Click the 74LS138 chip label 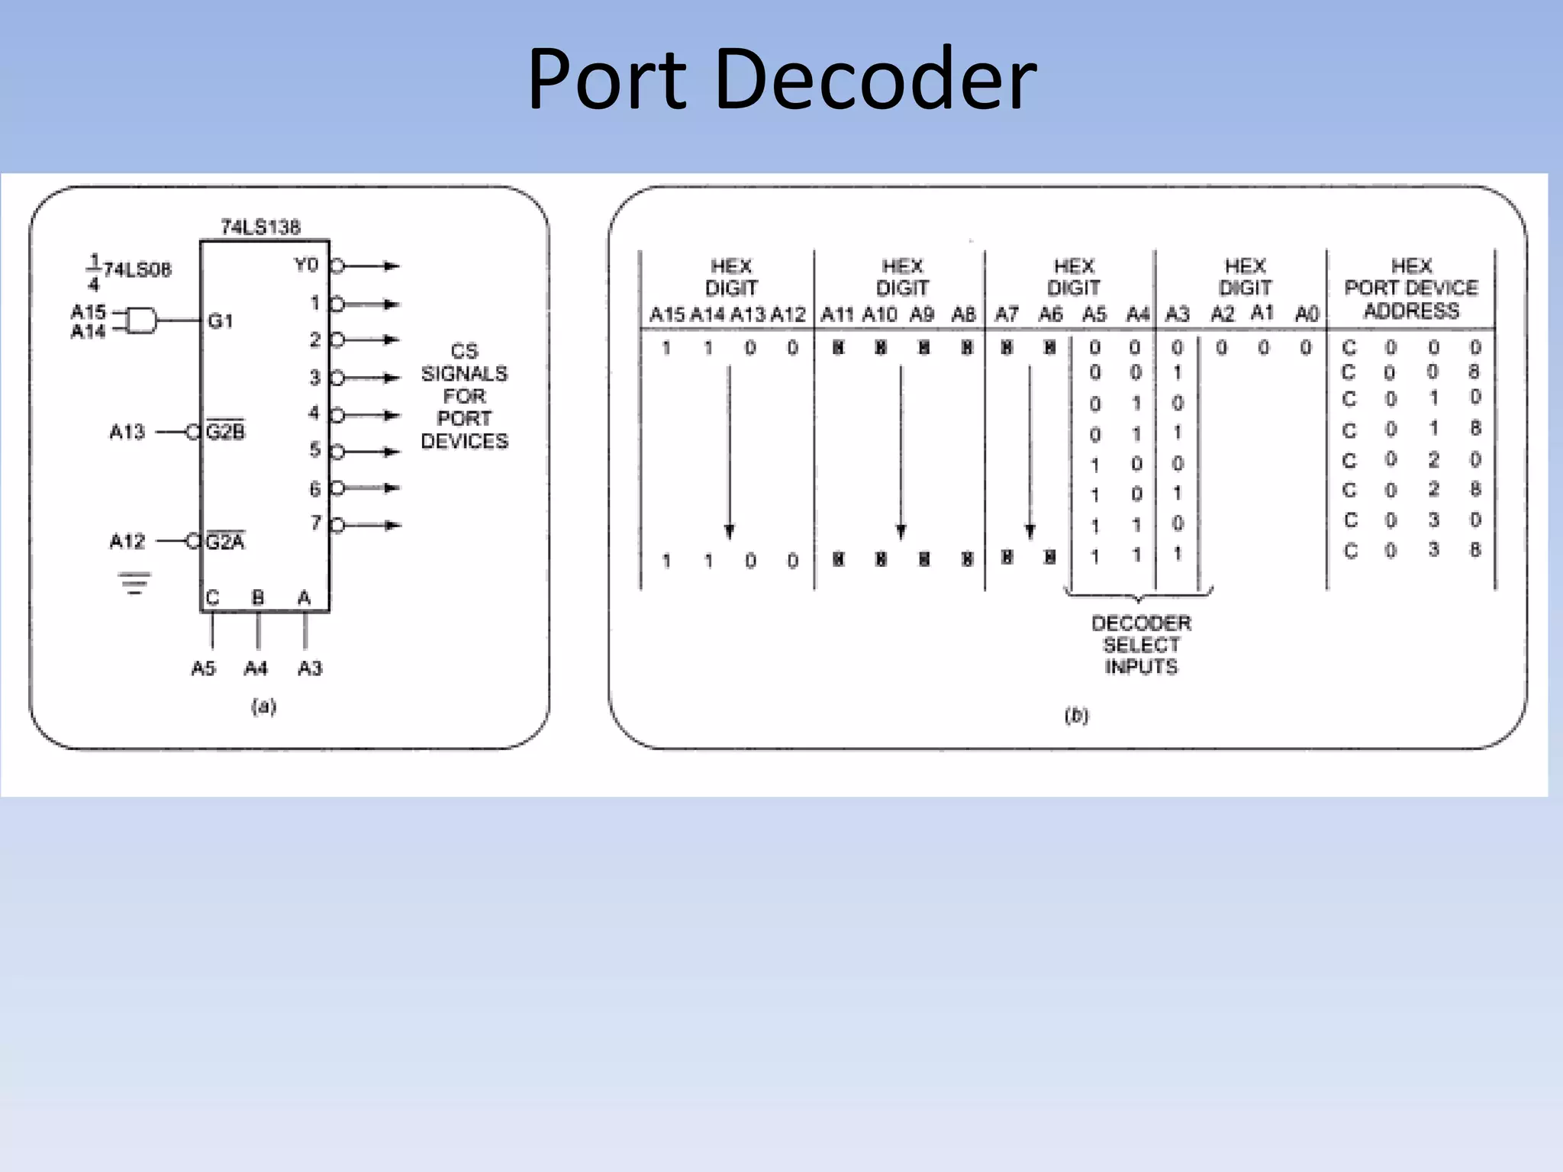[x=260, y=227]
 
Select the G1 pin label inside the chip [x=220, y=321]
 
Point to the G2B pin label [x=226, y=432]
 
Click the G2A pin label [x=225, y=542]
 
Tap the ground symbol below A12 [x=134, y=583]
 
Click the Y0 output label [x=306, y=265]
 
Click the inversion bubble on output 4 [x=337, y=415]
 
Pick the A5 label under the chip [x=203, y=668]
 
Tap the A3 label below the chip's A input [x=310, y=668]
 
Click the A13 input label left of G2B [x=127, y=432]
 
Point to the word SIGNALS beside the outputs [x=464, y=373]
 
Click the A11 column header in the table [x=837, y=314]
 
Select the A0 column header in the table [x=1307, y=314]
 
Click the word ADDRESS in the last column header [x=1411, y=311]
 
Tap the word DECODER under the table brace [x=1141, y=623]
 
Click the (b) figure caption [x=1076, y=715]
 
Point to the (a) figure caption [x=263, y=706]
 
